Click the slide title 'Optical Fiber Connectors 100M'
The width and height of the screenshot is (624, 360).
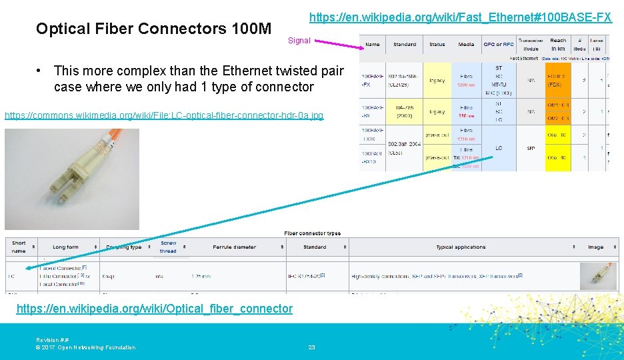click(153, 29)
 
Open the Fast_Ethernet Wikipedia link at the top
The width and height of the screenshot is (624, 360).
click(460, 15)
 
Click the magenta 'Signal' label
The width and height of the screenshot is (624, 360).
click(299, 41)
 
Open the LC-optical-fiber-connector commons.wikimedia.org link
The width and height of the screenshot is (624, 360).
click(164, 115)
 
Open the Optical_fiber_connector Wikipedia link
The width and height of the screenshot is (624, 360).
click(154, 308)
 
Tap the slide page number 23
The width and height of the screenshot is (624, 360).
click(311, 347)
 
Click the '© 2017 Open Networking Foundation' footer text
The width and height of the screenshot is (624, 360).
click(85, 347)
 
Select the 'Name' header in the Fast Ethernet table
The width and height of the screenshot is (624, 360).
click(373, 45)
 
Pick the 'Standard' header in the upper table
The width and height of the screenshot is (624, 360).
click(405, 45)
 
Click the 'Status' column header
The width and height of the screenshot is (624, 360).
click(437, 45)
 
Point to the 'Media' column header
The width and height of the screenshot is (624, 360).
click(466, 45)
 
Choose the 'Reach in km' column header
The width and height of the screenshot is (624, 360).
click(558, 45)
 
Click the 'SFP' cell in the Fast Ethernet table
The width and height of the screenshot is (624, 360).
click(531, 148)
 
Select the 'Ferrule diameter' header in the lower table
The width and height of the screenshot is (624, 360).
click(235, 247)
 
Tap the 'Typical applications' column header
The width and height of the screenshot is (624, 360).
click(461, 247)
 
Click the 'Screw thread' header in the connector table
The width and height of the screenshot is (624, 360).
click(168, 247)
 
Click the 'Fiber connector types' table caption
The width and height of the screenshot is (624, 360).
click(312, 233)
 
